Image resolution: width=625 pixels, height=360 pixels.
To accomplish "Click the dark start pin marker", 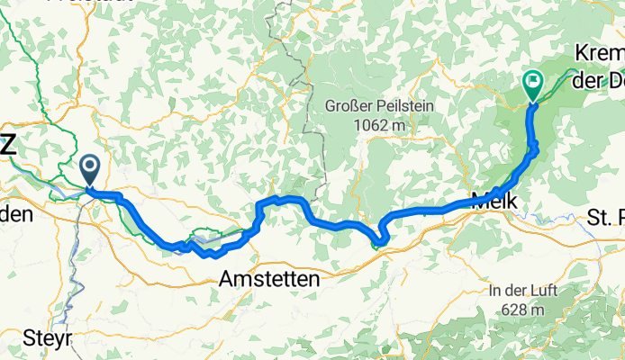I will [x=90, y=167].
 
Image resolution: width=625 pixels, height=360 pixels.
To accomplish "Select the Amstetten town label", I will [x=268, y=281].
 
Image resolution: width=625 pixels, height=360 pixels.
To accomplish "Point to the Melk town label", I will [x=494, y=202].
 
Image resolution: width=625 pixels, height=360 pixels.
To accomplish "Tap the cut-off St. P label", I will [x=605, y=217].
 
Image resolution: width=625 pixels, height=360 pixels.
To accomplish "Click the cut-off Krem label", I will [x=598, y=57].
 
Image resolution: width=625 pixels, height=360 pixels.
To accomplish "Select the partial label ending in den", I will [x=15, y=214].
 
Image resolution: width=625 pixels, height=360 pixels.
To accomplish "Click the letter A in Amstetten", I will [x=226, y=281].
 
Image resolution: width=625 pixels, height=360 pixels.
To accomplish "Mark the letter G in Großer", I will [x=331, y=107].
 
